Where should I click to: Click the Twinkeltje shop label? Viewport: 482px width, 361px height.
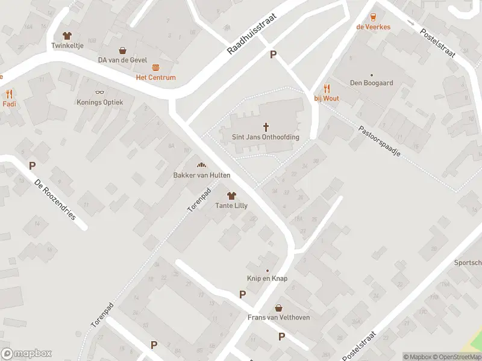pos(66,45)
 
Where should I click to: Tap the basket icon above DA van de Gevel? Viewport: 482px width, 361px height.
pos(123,51)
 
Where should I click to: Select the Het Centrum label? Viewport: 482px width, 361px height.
pos(155,77)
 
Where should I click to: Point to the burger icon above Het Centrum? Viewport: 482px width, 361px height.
pos(155,67)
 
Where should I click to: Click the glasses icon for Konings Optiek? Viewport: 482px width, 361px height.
pos(100,93)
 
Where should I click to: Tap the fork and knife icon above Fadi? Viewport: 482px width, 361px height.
pos(9,94)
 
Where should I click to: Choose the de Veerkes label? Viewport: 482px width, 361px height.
pos(373,26)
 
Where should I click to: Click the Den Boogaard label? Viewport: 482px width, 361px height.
pos(372,83)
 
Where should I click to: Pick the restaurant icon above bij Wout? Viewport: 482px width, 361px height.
pos(327,88)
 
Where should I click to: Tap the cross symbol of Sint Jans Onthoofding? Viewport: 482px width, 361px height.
pos(266,127)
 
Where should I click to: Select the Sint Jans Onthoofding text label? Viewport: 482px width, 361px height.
pos(266,137)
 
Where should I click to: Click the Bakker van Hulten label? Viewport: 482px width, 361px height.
pos(201,175)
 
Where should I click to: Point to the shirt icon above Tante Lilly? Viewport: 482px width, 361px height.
pos(231,196)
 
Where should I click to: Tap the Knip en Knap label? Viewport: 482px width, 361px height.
pos(267,279)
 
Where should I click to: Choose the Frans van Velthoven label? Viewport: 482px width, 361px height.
pos(278,317)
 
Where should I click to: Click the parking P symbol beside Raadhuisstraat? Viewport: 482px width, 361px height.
pos(273,55)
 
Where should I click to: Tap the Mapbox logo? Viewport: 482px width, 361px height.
pos(27,354)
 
